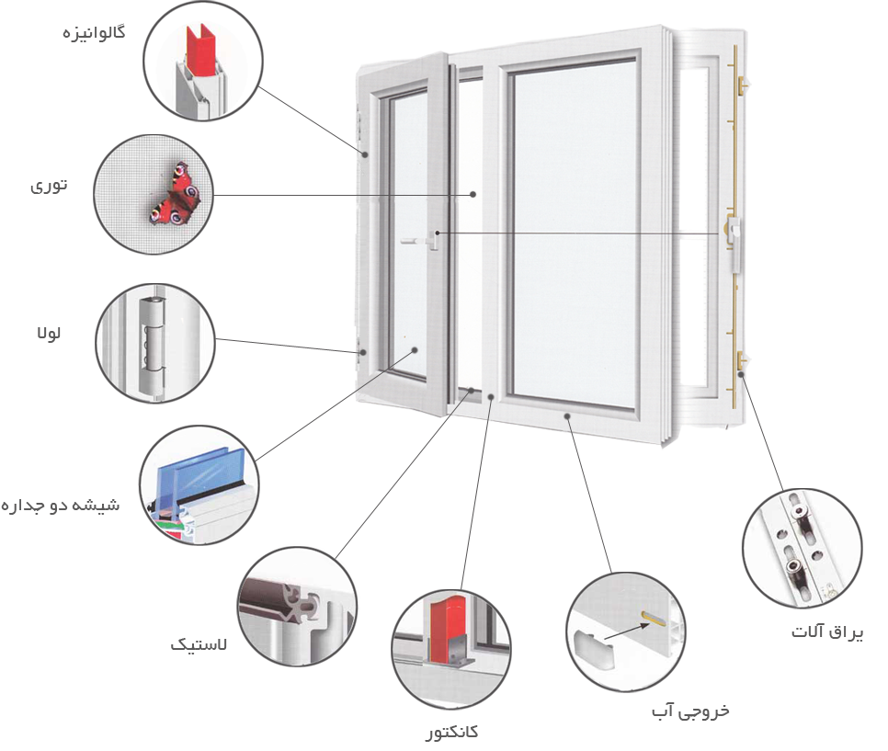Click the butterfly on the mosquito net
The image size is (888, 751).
coord(175,195)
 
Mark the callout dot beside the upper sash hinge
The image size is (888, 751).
coord(365,154)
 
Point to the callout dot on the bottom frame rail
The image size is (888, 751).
coord(570,416)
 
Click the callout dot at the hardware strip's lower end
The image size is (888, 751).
coord(742,375)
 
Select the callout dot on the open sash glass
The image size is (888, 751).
coord(416,350)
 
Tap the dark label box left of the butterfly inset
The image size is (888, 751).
coord(49,187)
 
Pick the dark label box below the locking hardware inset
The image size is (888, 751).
coord(827,632)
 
